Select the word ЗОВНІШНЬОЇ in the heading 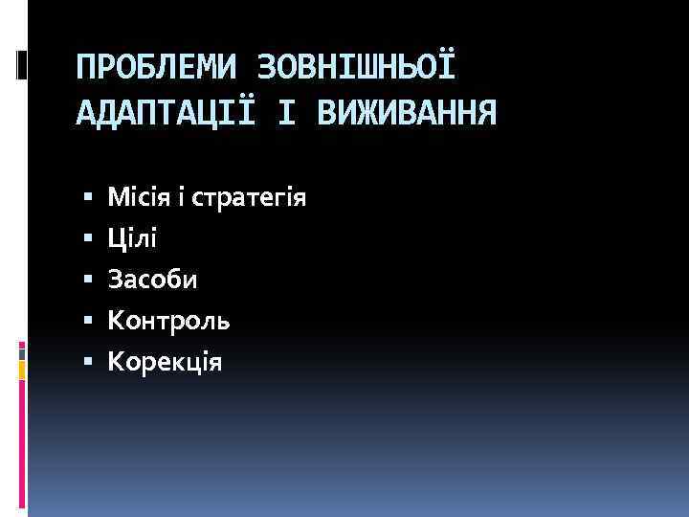358,68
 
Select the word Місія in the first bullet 140,198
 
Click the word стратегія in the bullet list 249,198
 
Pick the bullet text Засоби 153,280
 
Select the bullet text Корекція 165,362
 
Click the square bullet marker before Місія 87,200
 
